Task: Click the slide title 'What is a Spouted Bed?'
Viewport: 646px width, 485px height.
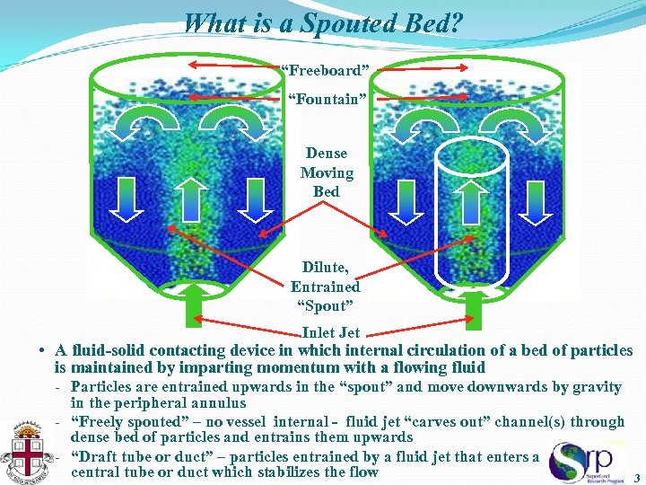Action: point(323,22)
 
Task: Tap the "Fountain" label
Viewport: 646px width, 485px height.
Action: point(326,99)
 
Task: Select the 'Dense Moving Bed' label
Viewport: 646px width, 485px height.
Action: point(327,172)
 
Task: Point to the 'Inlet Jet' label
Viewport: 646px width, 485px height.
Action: point(331,332)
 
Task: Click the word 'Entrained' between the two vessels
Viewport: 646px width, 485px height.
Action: point(325,287)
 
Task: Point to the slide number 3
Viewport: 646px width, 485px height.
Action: point(636,478)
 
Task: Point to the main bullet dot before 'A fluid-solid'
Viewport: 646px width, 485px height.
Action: point(42,351)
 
